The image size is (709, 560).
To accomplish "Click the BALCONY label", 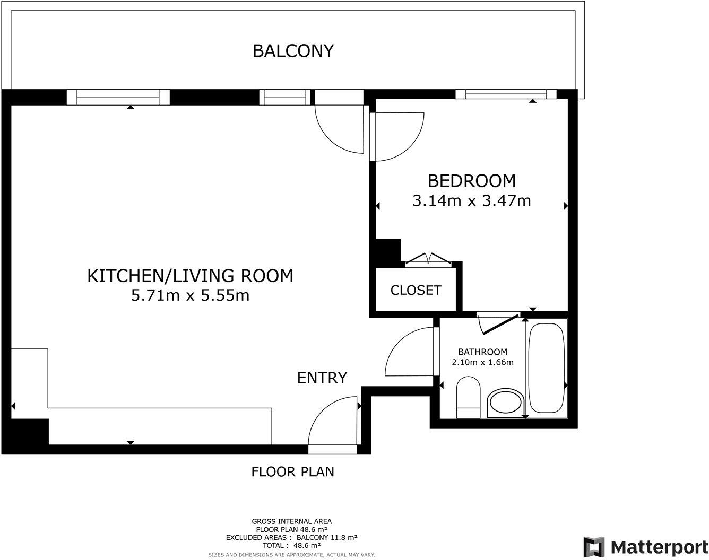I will coord(293,51).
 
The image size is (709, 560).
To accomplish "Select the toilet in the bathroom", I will coord(468,398).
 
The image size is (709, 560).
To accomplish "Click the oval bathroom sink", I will coord(505,403).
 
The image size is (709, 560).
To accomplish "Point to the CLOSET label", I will coord(416,290).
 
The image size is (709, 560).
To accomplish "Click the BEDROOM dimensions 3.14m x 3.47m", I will coord(471,201).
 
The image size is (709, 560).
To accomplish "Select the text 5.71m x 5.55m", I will coord(190,295).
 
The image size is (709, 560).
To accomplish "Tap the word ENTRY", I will coord(322,378).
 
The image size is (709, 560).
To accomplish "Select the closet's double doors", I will coord(428,259).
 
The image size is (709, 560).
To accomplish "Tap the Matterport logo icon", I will coord(594,547).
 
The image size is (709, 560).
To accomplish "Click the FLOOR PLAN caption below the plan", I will coord(292,471).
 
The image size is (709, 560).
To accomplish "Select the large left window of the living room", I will coord(118,97).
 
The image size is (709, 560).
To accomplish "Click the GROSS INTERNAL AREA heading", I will coord(291,521).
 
